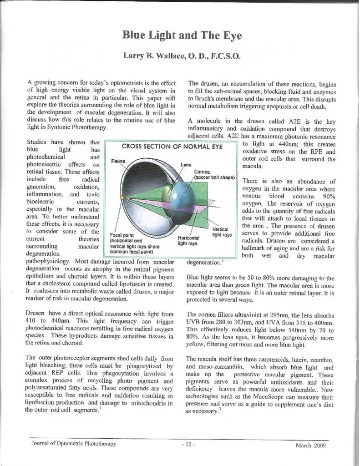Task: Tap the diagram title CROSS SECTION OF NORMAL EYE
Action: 170,147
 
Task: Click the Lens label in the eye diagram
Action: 186,164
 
